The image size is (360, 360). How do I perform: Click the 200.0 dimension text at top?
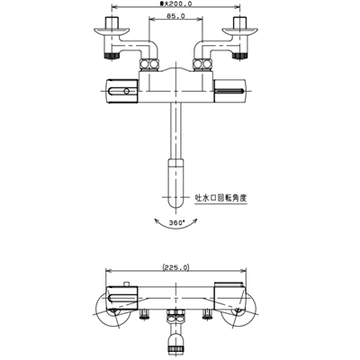[x=176, y=4]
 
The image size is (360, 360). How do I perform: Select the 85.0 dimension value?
[x=175, y=16]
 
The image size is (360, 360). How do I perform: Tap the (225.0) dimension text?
[x=175, y=267]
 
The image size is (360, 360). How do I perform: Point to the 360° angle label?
[x=176, y=223]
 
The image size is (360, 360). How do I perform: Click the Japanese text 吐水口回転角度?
[x=220, y=198]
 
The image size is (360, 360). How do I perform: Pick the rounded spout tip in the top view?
[x=175, y=184]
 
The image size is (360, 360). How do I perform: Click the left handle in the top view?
[x=122, y=91]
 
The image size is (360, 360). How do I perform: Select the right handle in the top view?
[x=229, y=91]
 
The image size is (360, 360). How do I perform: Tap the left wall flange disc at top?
[x=112, y=31]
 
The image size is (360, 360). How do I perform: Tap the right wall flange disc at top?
[x=239, y=31]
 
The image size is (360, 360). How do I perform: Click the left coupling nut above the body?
[x=149, y=65]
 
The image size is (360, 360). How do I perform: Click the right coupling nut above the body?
[x=202, y=65]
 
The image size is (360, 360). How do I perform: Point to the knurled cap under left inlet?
[x=112, y=56]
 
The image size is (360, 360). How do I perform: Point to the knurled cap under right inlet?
[x=239, y=56]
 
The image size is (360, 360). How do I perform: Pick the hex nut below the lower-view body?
[x=175, y=317]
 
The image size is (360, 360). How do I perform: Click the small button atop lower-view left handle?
[x=127, y=284]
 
